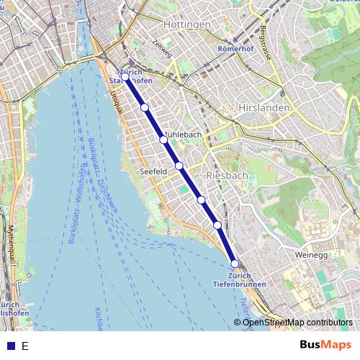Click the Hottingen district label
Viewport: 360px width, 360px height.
[187, 24]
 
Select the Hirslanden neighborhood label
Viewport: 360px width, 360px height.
[264, 107]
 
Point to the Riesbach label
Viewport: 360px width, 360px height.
[227, 175]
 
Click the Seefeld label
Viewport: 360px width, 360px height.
[153, 172]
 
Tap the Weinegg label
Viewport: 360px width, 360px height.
[311, 255]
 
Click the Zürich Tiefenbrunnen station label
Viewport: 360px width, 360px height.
[239, 280]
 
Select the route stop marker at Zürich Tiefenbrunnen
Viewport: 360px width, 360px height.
[235, 264]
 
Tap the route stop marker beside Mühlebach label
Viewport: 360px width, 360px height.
[163, 140]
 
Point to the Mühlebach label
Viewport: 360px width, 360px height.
[184, 135]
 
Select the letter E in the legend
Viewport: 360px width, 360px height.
[25, 346]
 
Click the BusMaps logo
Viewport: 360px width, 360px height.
[325, 345]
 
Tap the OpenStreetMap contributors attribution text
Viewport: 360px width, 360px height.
[297, 323]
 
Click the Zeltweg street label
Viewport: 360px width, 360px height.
[163, 48]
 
